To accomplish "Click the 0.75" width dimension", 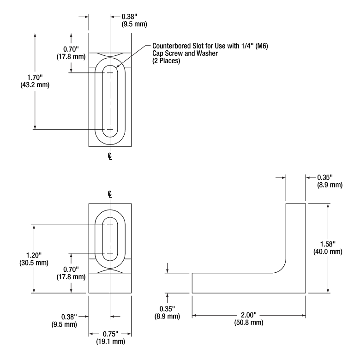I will point(110,334).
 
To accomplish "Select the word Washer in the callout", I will point(209,54).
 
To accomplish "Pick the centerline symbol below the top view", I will point(110,156).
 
